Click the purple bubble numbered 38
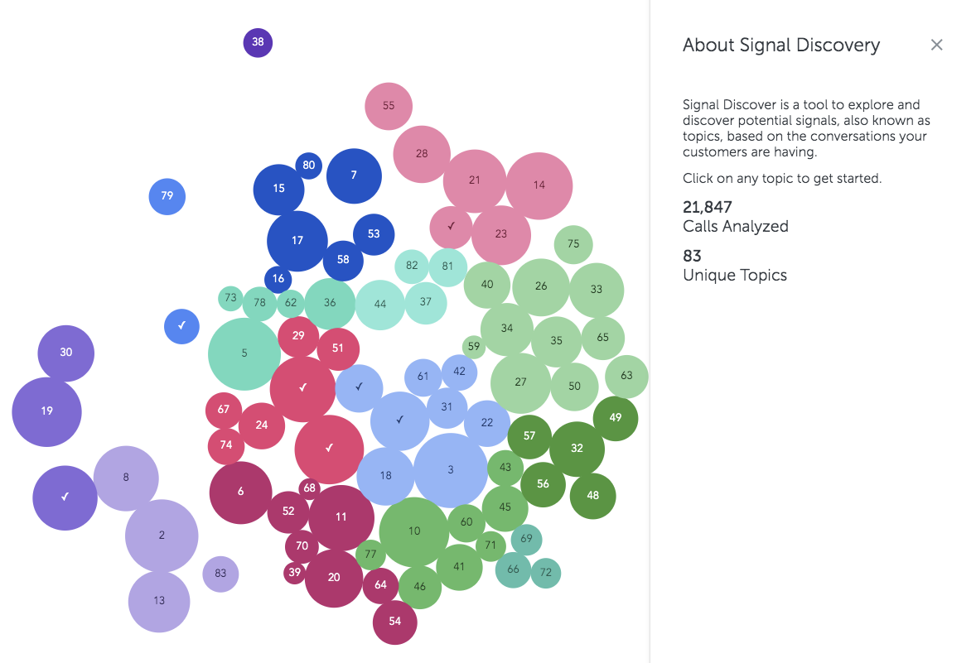tap(258, 43)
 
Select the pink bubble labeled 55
tap(389, 106)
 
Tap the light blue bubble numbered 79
tap(167, 196)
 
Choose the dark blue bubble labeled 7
tap(354, 176)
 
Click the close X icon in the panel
tap(937, 45)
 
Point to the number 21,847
tap(707, 207)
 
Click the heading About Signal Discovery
tap(781, 45)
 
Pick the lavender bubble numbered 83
tap(220, 574)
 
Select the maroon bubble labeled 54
tap(394, 622)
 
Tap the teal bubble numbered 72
tap(546, 573)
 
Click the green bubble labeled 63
tap(627, 377)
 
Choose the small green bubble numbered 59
tap(474, 347)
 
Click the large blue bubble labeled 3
tap(451, 470)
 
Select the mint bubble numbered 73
tap(230, 298)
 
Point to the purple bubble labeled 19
tap(46, 411)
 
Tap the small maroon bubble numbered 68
tap(309, 488)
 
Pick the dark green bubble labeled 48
tap(592, 496)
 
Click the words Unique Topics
tap(735, 276)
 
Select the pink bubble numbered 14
tap(539, 185)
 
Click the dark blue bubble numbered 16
tap(278, 279)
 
